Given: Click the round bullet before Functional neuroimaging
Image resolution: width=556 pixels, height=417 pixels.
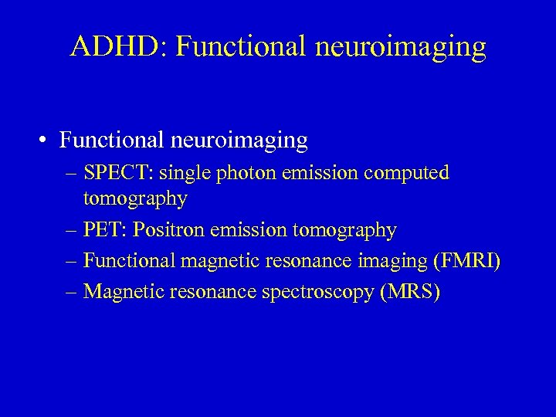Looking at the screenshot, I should pos(47,141).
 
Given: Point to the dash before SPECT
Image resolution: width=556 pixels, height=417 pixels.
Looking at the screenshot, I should pos(72,173).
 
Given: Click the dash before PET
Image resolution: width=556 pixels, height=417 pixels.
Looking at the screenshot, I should pos(72,230).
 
